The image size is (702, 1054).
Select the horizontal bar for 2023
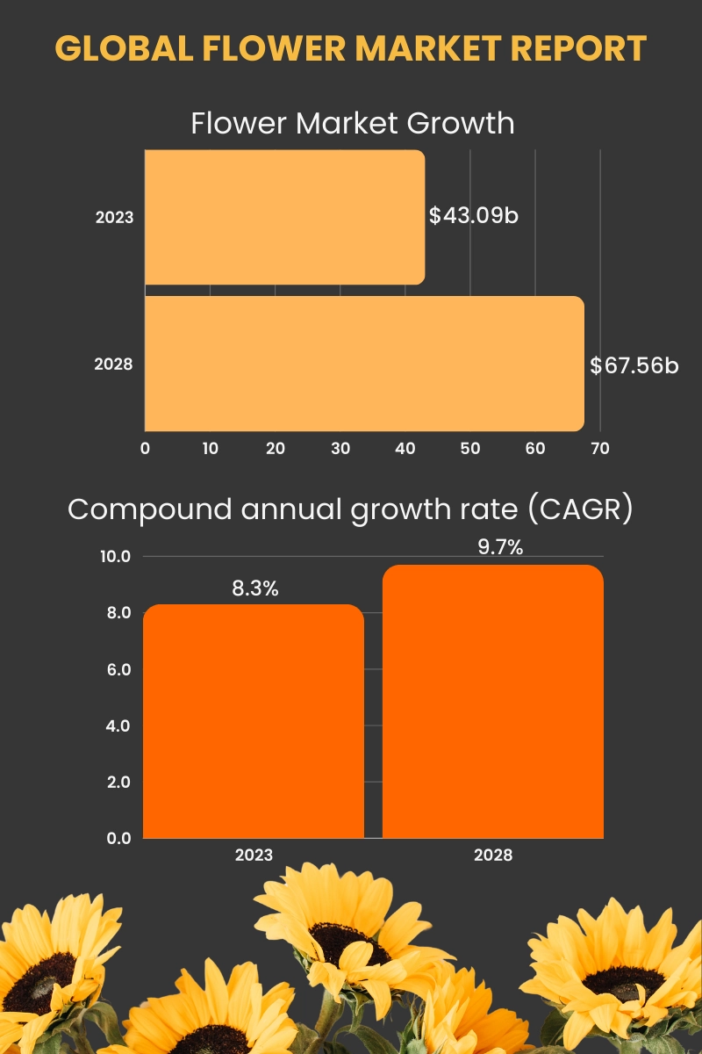(x=284, y=217)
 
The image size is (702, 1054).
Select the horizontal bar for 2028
(x=364, y=364)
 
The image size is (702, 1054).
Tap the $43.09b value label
(x=474, y=215)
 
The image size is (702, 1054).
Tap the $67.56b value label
(x=634, y=365)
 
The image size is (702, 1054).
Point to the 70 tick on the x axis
(x=599, y=448)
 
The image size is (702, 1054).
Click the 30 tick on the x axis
(x=340, y=448)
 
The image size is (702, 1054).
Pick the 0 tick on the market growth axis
(x=145, y=448)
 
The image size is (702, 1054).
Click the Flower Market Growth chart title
(x=353, y=123)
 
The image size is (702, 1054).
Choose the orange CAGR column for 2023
(x=254, y=721)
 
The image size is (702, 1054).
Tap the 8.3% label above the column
(x=254, y=588)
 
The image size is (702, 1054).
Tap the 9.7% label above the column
(x=499, y=548)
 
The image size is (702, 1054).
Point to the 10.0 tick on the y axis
(x=115, y=557)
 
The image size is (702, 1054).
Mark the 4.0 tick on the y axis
(x=118, y=726)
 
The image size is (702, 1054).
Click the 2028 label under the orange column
(x=492, y=855)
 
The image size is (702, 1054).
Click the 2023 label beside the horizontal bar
(x=114, y=216)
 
